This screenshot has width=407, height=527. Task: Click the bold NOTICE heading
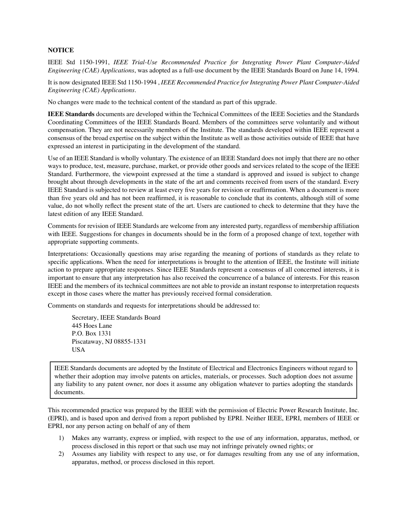tap(61, 50)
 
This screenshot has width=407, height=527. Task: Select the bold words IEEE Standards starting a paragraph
tap(71, 114)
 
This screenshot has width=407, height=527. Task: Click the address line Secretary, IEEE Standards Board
tap(116, 317)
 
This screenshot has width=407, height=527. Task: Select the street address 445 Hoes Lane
tap(92, 326)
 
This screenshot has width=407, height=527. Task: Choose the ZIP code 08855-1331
tap(126, 341)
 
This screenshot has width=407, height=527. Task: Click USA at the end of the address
tap(78, 350)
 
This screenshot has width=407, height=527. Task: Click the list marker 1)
tap(61, 438)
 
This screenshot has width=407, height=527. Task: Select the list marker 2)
tap(61, 454)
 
